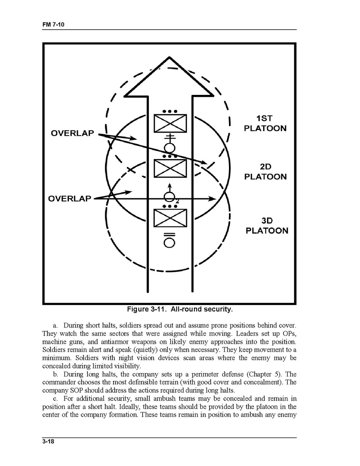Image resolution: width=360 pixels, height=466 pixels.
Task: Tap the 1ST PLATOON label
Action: (265, 123)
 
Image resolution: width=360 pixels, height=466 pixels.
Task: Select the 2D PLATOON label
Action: (265, 172)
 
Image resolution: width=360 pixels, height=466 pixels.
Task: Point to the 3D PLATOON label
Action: (267, 226)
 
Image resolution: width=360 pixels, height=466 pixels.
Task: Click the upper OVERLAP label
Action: (73, 133)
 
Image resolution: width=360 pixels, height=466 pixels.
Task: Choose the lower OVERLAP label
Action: (70, 199)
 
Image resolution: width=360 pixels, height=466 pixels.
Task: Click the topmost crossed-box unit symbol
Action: (170, 123)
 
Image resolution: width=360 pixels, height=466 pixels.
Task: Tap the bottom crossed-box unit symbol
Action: (170, 218)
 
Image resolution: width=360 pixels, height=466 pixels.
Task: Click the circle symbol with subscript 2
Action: (170, 198)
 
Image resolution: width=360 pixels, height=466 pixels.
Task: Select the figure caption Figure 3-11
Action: (180, 310)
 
